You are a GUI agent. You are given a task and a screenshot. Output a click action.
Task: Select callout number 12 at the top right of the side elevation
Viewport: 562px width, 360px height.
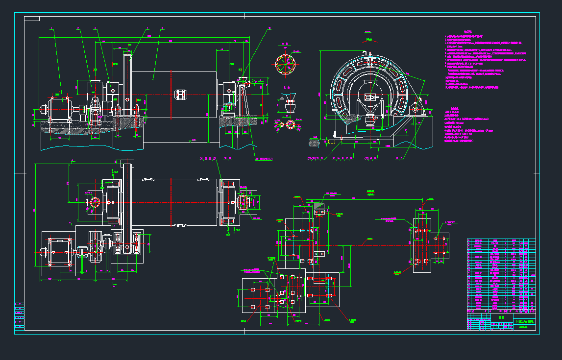pyautogui.click(x=269, y=28)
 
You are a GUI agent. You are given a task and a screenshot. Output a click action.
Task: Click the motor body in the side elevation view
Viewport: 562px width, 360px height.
pyautogui.click(x=59, y=107)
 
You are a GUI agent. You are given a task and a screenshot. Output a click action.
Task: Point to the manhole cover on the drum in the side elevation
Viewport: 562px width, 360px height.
pyautogui.click(x=180, y=94)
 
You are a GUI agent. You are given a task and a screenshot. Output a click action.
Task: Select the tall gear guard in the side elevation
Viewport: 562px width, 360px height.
pyautogui.click(x=127, y=86)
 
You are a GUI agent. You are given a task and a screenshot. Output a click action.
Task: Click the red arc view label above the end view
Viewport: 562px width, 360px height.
pyautogui.click(x=369, y=39)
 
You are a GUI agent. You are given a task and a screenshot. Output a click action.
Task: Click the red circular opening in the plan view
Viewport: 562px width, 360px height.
pyautogui.click(x=95, y=202)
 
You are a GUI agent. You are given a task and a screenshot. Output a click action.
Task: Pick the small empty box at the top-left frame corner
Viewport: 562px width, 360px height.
pyautogui.click(x=32, y=19)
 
